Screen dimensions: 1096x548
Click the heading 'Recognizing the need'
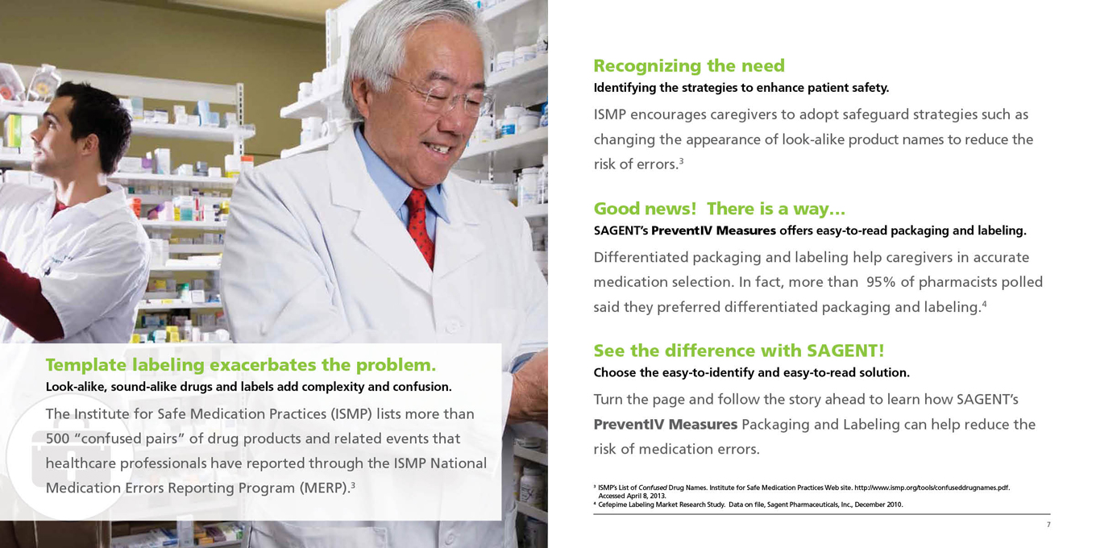pyautogui.click(x=689, y=65)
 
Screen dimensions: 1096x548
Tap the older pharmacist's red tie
pyautogui.click(x=421, y=226)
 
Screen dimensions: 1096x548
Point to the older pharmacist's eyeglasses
pyautogui.click(x=442, y=96)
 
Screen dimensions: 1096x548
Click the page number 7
pyautogui.click(x=1048, y=525)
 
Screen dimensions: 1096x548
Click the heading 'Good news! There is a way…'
pyautogui.click(x=719, y=209)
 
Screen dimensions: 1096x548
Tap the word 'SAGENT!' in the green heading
pyautogui.click(x=845, y=351)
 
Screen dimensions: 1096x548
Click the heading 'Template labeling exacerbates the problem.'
pyautogui.click(x=241, y=364)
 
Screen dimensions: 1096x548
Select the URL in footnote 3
pyautogui.click(x=932, y=488)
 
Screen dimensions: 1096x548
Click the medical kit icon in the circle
pyautogui.click(x=72, y=458)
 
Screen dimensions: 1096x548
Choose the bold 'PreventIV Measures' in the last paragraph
pyautogui.click(x=666, y=424)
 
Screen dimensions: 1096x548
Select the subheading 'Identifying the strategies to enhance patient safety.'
pyautogui.click(x=741, y=88)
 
